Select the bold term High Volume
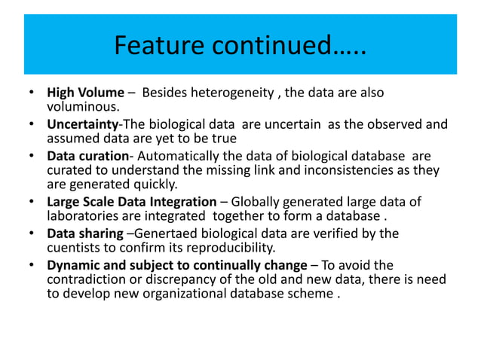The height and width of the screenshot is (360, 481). pos(85,93)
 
